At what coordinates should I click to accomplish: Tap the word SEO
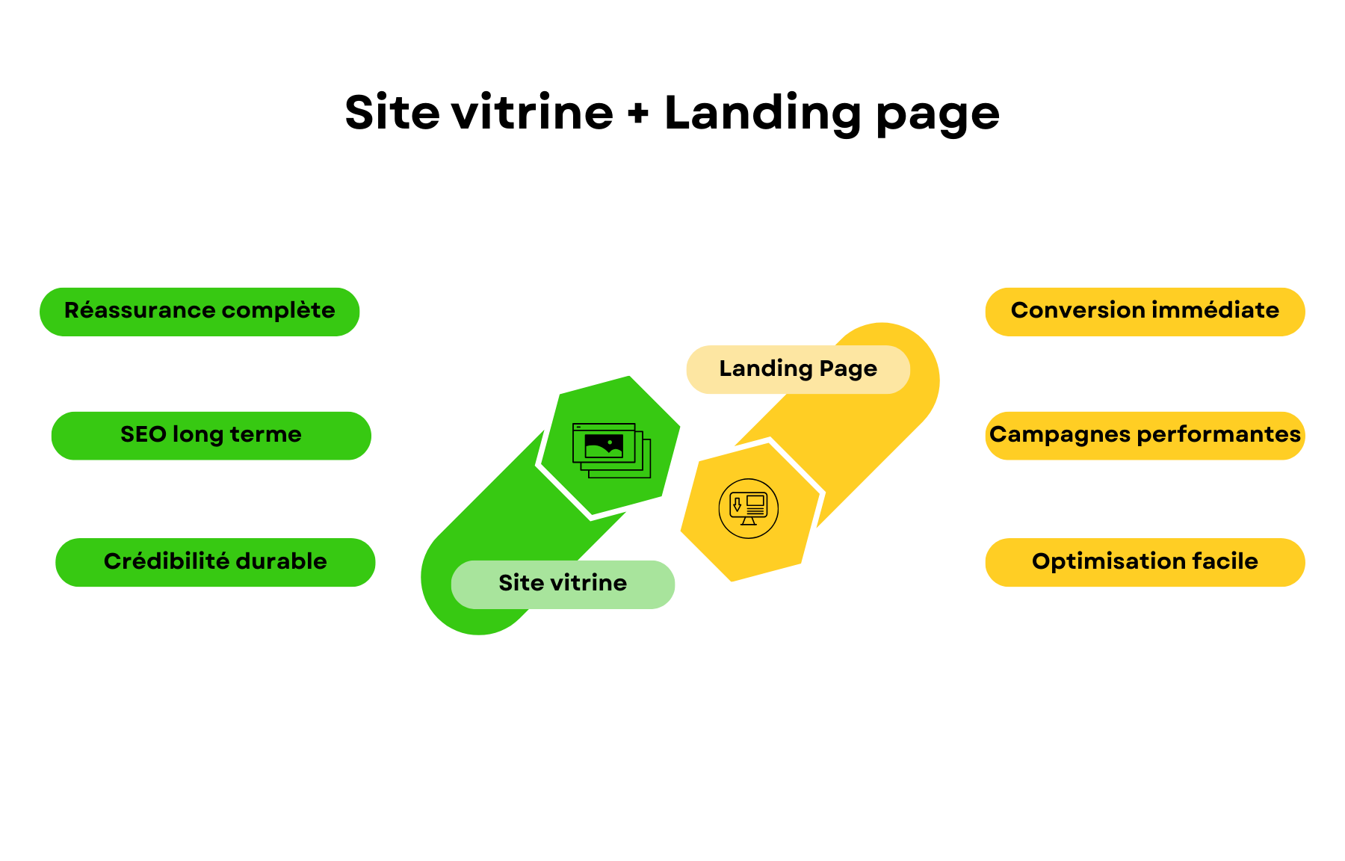coord(143,434)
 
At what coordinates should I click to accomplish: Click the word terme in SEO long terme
coord(265,434)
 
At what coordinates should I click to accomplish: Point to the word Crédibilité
coord(167,561)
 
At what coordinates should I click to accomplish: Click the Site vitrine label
coord(563,584)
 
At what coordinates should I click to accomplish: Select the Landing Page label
coord(797,369)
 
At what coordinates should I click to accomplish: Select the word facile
coord(1225,561)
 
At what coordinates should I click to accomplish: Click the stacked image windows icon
coord(611,450)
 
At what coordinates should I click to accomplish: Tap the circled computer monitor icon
coord(748,508)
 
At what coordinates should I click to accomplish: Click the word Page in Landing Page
coord(848,369)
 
